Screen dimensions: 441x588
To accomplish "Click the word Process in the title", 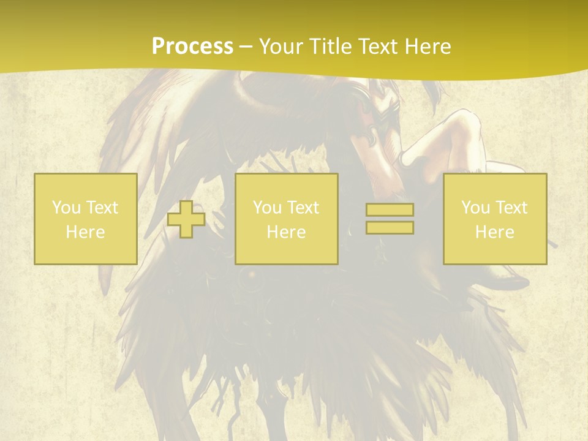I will click(192, 47).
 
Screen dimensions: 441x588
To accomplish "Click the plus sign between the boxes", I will click(186, 219).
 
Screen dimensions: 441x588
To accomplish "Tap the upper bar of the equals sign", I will click(390, 210).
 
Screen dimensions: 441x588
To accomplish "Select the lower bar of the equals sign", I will click(390, 228).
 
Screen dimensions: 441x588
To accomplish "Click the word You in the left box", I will click(66, 208).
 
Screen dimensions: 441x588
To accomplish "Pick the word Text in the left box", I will click(102, 208).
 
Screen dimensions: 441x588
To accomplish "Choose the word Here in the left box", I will click(85, 232).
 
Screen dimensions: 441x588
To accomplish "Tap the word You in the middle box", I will click(266, 208).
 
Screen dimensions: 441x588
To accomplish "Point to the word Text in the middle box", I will click(303, 208).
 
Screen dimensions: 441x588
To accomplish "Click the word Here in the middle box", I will click(286, 232).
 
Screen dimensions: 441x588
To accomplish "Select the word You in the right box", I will click(475, 208).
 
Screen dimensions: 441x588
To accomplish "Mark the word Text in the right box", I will click(511, 208).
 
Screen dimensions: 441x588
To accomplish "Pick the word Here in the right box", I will click(494, 232).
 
